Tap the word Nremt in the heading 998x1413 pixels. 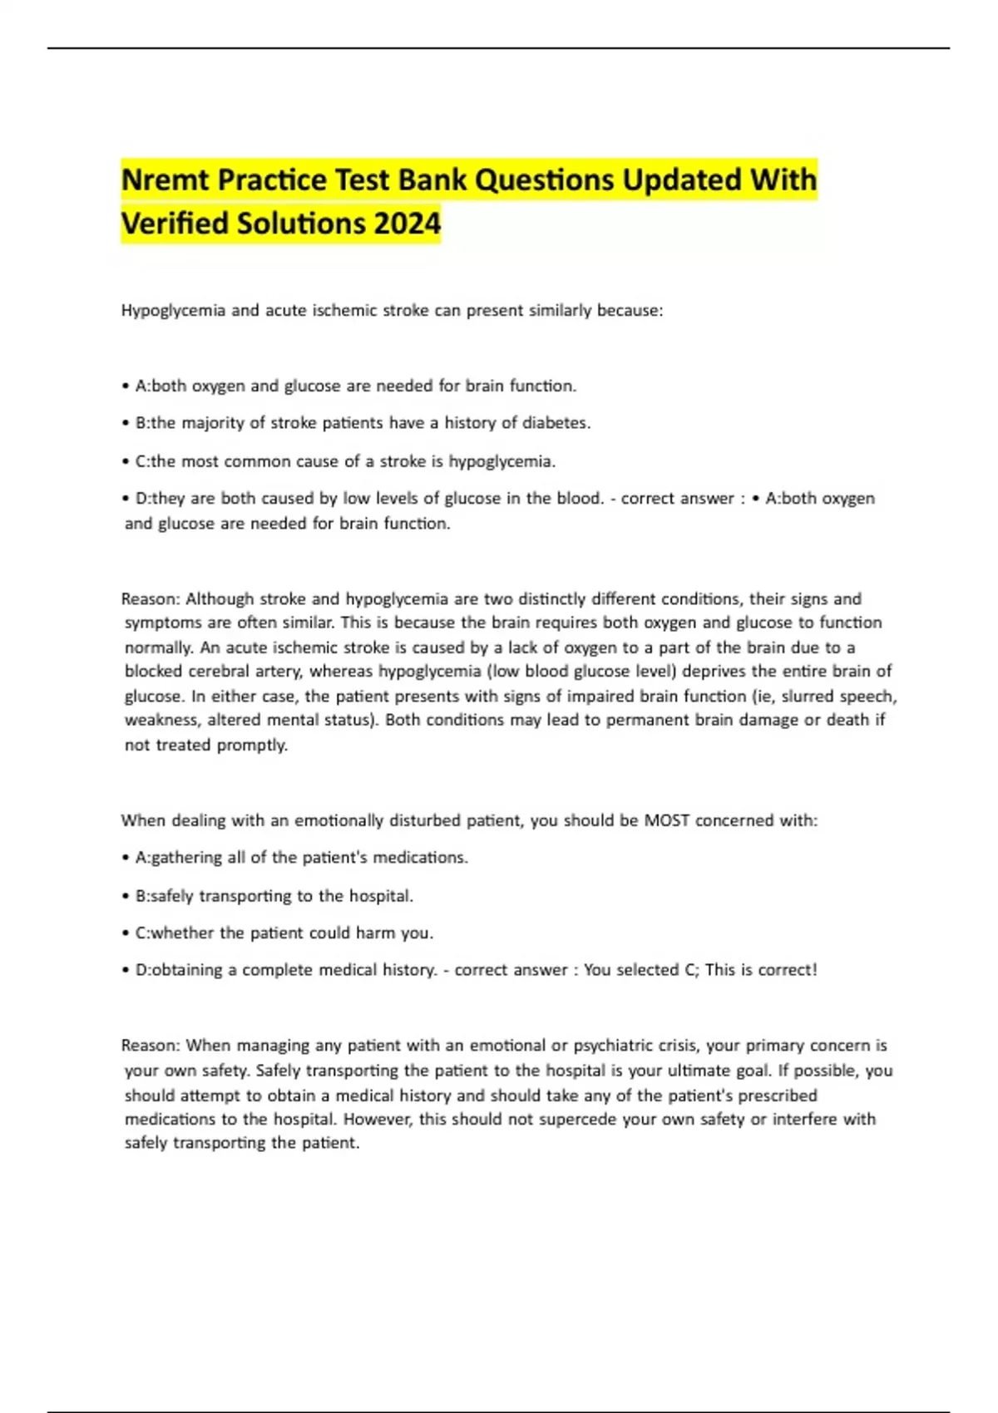point(164,180)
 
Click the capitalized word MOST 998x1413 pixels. point(667,820)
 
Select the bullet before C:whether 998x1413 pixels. point(126,933)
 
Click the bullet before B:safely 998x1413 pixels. point(126,896)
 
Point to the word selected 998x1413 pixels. point(647,970)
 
